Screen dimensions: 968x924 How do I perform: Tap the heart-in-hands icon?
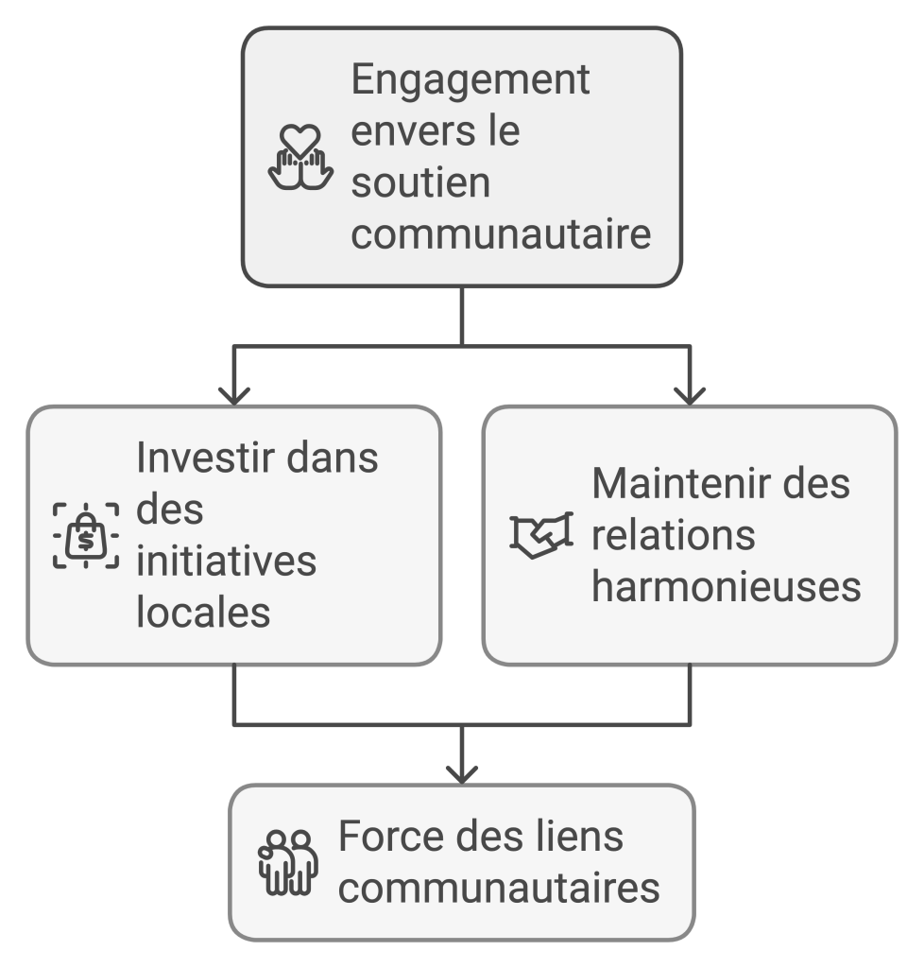click(300, 157)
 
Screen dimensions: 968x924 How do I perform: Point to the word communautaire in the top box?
click(501, 233)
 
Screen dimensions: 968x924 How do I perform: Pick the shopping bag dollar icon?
click(86, 536)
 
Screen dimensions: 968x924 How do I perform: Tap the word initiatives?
click(226, 562)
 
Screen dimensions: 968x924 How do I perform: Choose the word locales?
click(203, 613)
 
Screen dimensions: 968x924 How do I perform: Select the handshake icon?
click(541, 535)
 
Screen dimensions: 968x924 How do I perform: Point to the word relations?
click(673, 535)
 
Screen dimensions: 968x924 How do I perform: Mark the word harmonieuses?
click(726, 586)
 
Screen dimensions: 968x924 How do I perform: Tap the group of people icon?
click(288, 862)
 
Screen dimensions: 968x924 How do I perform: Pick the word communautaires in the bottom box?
click(499, 889)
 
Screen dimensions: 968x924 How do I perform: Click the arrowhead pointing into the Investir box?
click(233, 395)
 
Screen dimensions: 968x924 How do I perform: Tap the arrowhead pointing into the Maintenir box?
click(690, 395)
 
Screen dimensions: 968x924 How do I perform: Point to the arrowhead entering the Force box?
click(461, 773)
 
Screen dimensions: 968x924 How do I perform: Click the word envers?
click(409, 131)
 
